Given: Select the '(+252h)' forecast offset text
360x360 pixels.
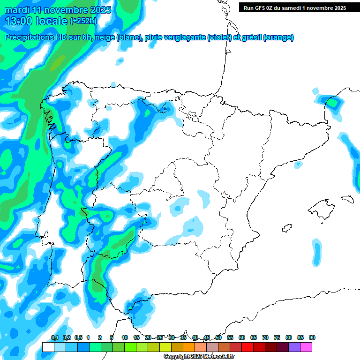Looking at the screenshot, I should click(x=83, y=21).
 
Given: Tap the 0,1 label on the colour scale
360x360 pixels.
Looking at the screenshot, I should click(x=55, y=338).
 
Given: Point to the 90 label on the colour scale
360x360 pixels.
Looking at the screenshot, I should click(x=312, y=338).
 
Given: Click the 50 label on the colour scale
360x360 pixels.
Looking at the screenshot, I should click(x=218, y=338).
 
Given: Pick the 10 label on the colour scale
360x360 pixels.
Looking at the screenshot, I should click(x=125, y=338).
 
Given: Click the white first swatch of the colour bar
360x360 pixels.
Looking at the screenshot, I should click(x=48, y=347).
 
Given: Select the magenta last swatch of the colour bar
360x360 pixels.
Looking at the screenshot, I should click(x=306, y=347).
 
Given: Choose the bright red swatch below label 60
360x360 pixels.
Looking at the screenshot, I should click(x=247, y=347).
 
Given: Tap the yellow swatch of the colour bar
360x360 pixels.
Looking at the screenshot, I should click(x=165, y=347).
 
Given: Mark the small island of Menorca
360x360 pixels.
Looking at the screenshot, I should click(x=347, y=198).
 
